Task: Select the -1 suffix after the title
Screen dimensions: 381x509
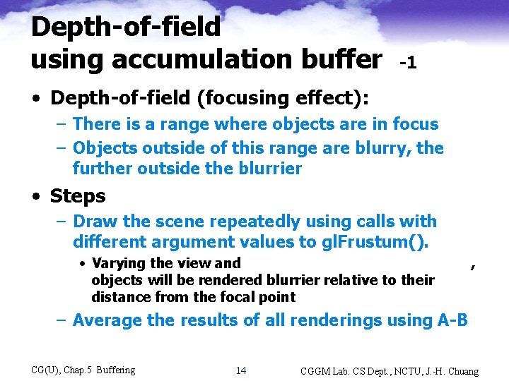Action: tap(408, 63)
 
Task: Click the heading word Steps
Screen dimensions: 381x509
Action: tap(78, 196)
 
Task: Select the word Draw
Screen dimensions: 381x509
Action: tap(95, 222)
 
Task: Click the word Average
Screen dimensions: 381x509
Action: tap(107, 320)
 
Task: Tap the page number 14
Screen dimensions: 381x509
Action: tap(241, 370)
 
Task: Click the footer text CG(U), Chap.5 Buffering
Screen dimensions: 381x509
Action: tap(83, 370)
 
